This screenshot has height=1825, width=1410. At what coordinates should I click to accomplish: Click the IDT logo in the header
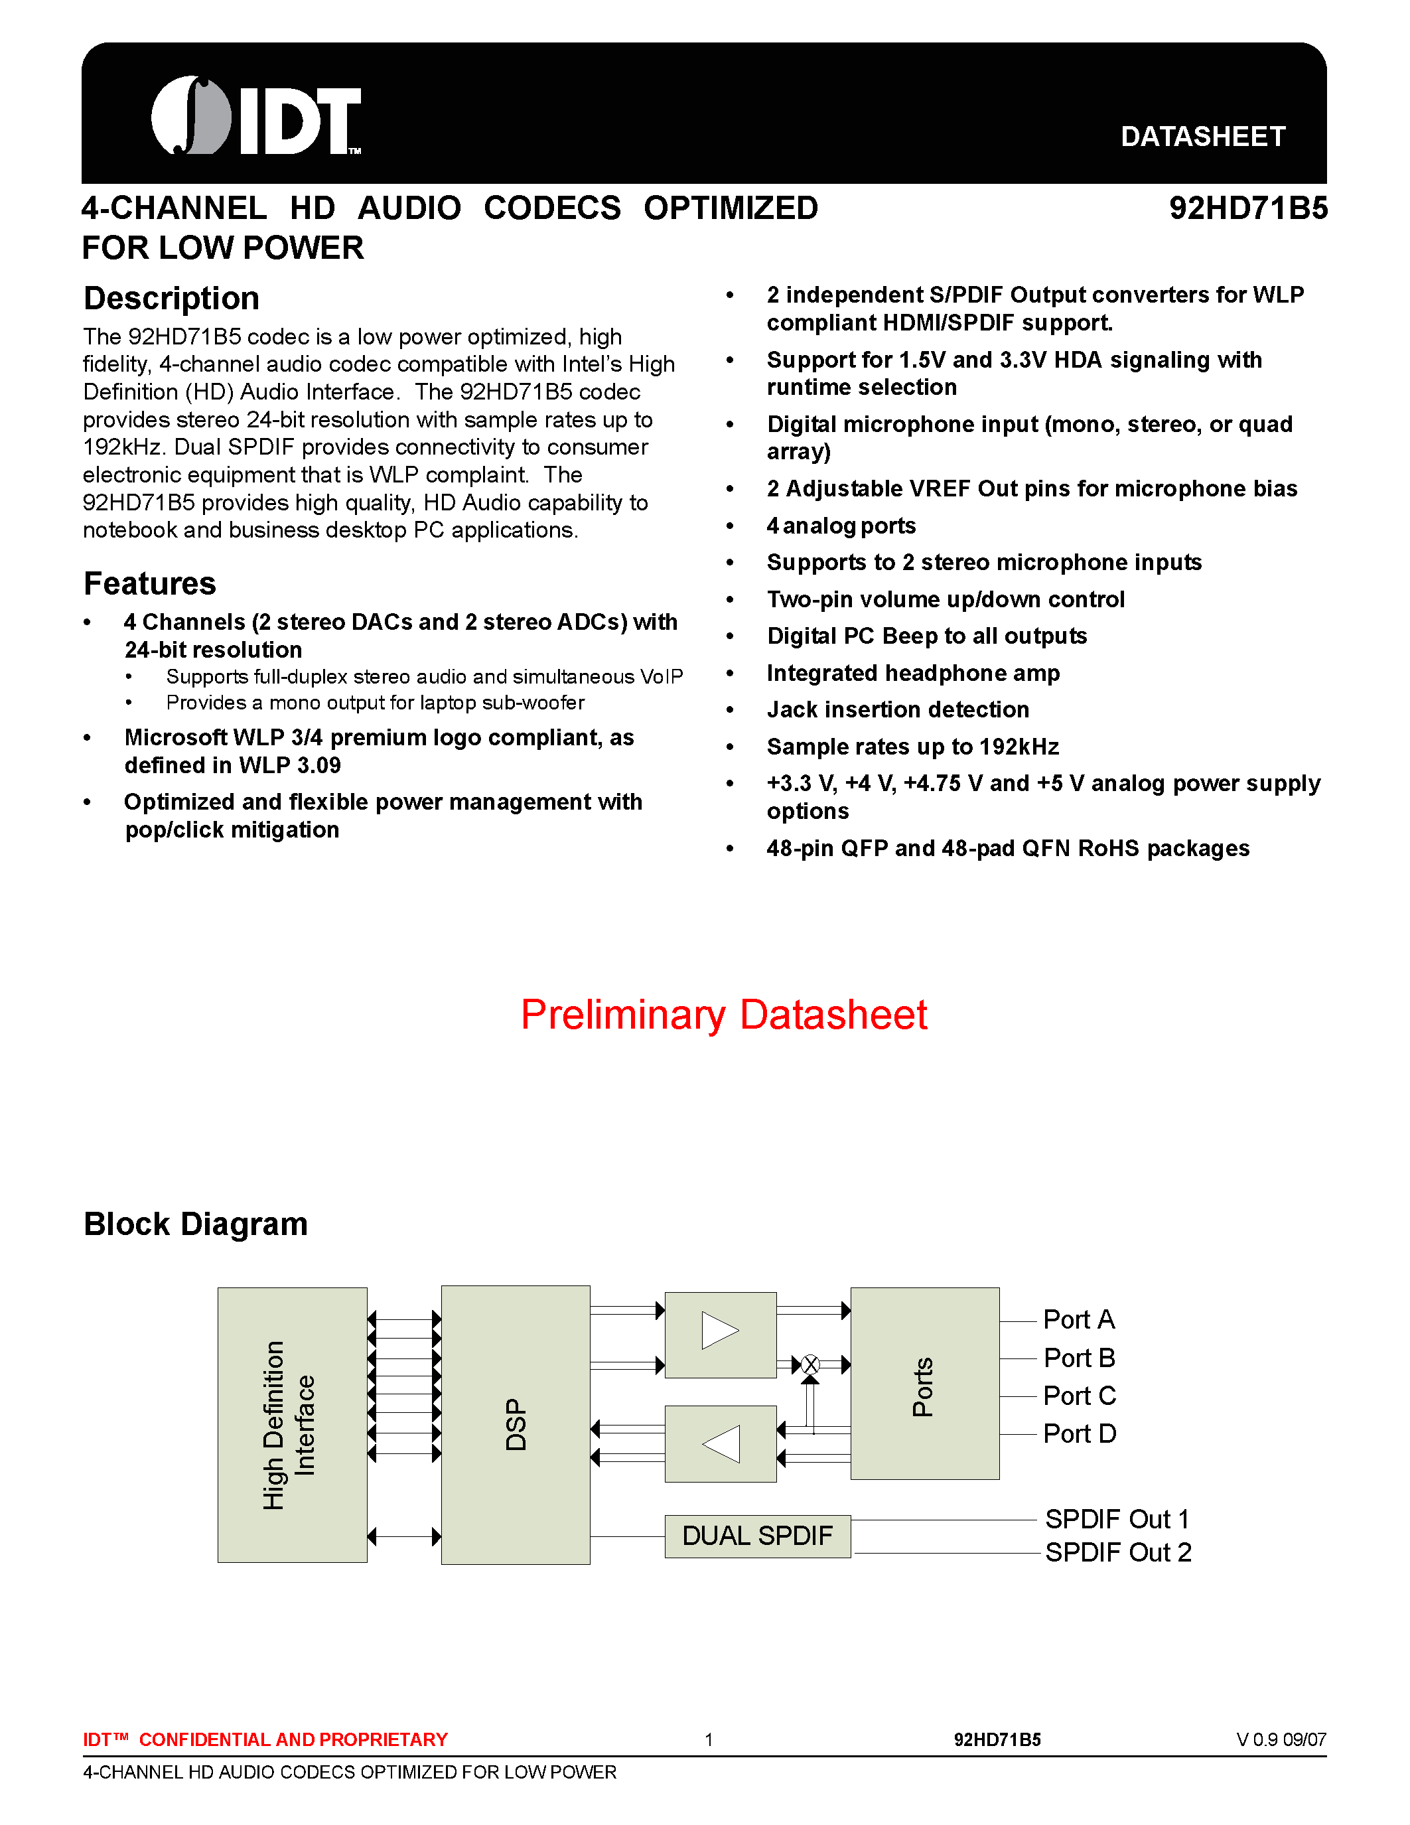click(x=255, y=116)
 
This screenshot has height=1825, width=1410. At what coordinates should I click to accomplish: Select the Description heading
click(x=171, y=299)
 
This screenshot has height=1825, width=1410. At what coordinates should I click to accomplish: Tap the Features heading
click(x=149, y=583)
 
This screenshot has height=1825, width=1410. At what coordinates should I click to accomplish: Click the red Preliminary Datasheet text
click(x=723, y=1015)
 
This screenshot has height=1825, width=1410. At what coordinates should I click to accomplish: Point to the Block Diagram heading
click(x=196, y=1224)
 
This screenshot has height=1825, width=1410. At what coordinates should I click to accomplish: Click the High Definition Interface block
click(x=291, y=1425)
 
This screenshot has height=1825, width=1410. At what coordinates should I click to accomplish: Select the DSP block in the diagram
click(x=516, y=1425)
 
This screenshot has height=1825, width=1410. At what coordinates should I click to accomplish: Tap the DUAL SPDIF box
click(x=757, y=1536)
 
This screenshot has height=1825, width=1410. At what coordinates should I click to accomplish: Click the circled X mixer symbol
click(x=810, y=1365)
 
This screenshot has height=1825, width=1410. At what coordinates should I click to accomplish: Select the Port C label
click(x=1079, y=1396)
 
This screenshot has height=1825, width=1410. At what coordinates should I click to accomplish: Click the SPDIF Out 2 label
click(x=1117, y=1553)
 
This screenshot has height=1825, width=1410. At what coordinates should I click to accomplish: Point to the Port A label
click(x=1078, y=1319)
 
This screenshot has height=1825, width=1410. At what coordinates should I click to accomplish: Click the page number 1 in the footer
click(x=709, y=1740)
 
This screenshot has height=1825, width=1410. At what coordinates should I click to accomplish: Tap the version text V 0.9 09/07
click(x=1281, y=1740)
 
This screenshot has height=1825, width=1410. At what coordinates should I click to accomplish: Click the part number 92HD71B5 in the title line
click(x=1247, y=208)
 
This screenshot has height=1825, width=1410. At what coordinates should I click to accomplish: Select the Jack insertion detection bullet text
click(x=897, y=709)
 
